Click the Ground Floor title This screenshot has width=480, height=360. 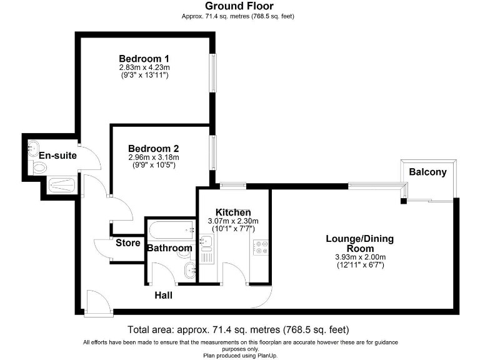[239, 6]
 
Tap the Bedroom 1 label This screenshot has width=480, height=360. [144, 59]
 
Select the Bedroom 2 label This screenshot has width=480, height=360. [153, 149]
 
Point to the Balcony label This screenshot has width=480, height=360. [427, 172]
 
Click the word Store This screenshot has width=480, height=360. [127, 243]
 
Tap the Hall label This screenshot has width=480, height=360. [163, 295]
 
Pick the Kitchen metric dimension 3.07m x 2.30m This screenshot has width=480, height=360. [232, 221]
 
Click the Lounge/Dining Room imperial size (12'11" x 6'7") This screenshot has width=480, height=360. [359, 265]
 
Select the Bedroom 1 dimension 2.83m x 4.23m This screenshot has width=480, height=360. [144, 67]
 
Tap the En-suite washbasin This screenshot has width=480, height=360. [32, 148]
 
